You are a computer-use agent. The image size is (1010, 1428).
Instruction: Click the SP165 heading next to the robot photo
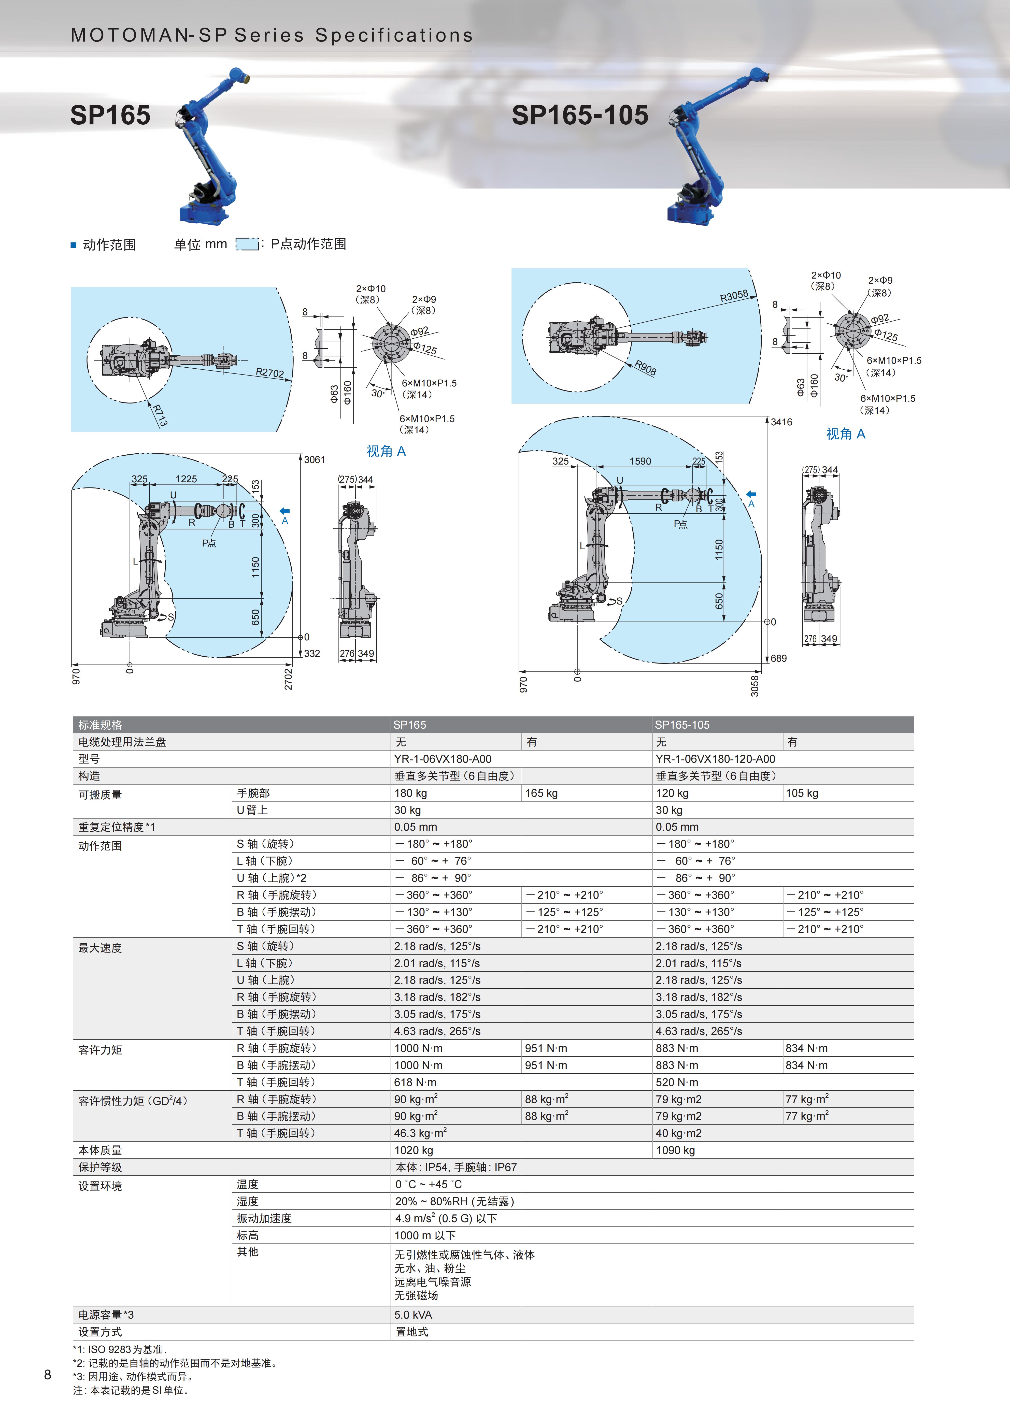tap(110, 115)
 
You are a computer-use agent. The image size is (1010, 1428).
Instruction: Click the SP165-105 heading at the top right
tap(580, 115)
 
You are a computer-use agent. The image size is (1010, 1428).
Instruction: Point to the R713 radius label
tap(160, 415)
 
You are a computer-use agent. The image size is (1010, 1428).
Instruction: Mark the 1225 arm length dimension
tap(186, 479)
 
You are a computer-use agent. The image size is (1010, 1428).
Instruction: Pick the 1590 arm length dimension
tap(640, 461)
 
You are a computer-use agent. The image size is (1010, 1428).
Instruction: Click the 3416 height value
tap(782, 422)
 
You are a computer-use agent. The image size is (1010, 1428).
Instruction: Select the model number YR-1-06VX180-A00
tap(443, 759)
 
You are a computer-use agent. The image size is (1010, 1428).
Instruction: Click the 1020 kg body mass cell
tap(414, 1150)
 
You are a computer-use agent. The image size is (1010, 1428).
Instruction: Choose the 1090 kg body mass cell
tap(675, 1150)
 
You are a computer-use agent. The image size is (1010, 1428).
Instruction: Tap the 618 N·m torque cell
tap(416, 1082)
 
